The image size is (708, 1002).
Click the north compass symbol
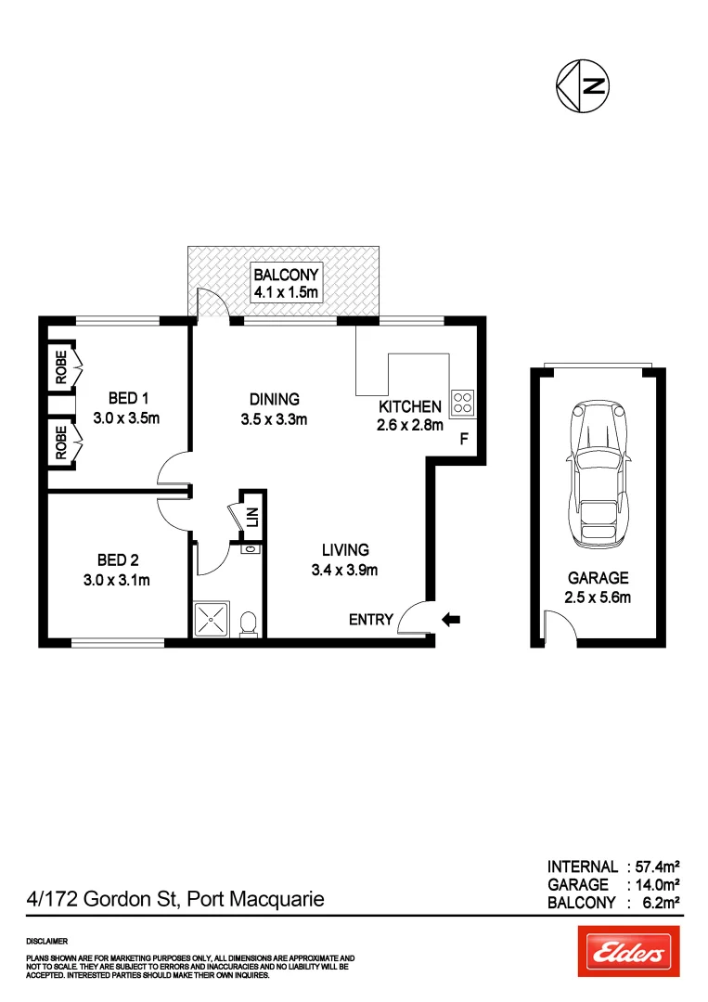click(x=582, y=87)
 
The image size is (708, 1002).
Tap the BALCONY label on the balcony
click(x=287, y=275)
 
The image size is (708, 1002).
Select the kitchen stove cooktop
click(x=461, y=403)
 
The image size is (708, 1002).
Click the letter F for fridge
click(x=464, y=440)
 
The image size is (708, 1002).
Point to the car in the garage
click(x=597, y=472)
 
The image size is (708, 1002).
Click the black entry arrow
click(x=452, y=619)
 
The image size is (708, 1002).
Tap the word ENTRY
click(x=371, y=620)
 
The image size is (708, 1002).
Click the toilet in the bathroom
click(x=248, y=624)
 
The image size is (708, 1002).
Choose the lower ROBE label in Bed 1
click(x=61, y=443)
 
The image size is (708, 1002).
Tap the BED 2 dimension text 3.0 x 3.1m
click(x=117, y=580)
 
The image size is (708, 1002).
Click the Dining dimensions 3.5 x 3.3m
click(x=274, y=418)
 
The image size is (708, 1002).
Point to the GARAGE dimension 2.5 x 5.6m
click(x=598, y=597)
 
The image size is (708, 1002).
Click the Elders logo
click(x=628, y=951)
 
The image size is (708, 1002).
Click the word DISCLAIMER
click(x=47, y=941)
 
